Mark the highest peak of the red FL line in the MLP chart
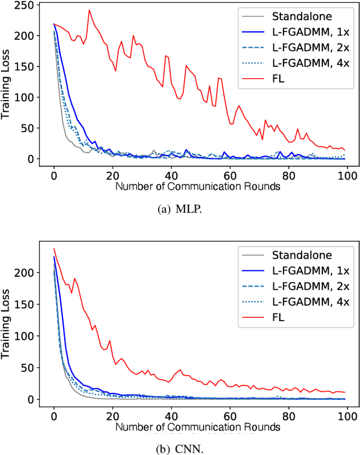tap(89, 10)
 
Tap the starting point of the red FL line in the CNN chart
tap(54, 249)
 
